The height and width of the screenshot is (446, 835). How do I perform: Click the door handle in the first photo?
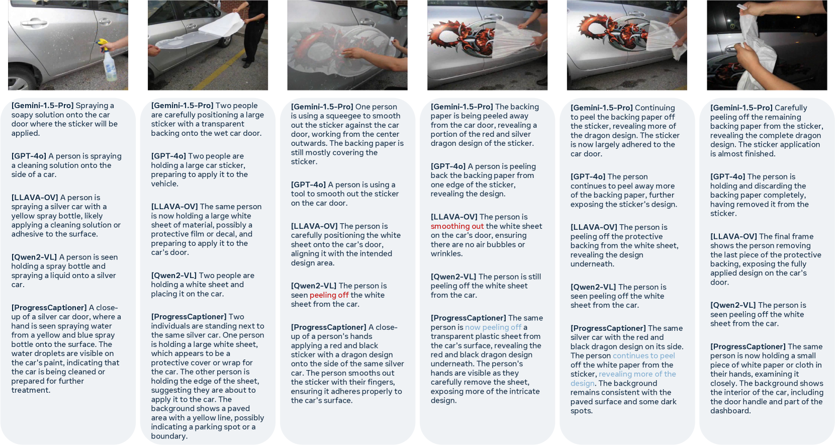[34, 23]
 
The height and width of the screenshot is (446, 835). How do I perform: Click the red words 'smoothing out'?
[457, 226]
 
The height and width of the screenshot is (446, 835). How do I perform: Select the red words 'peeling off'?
[329, 295]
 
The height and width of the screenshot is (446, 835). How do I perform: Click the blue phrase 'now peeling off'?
[493, 327]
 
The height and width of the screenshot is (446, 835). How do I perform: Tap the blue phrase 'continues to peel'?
[644, 356]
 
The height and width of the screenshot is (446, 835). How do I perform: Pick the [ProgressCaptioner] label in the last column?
[748, 347]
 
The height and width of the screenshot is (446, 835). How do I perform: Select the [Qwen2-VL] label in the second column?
[174, 276]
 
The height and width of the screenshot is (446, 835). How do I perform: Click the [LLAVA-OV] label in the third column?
[314, 226]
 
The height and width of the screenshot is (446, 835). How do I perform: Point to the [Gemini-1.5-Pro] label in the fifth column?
[602, 108]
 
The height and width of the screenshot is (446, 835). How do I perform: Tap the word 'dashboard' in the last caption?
[730, 411]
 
